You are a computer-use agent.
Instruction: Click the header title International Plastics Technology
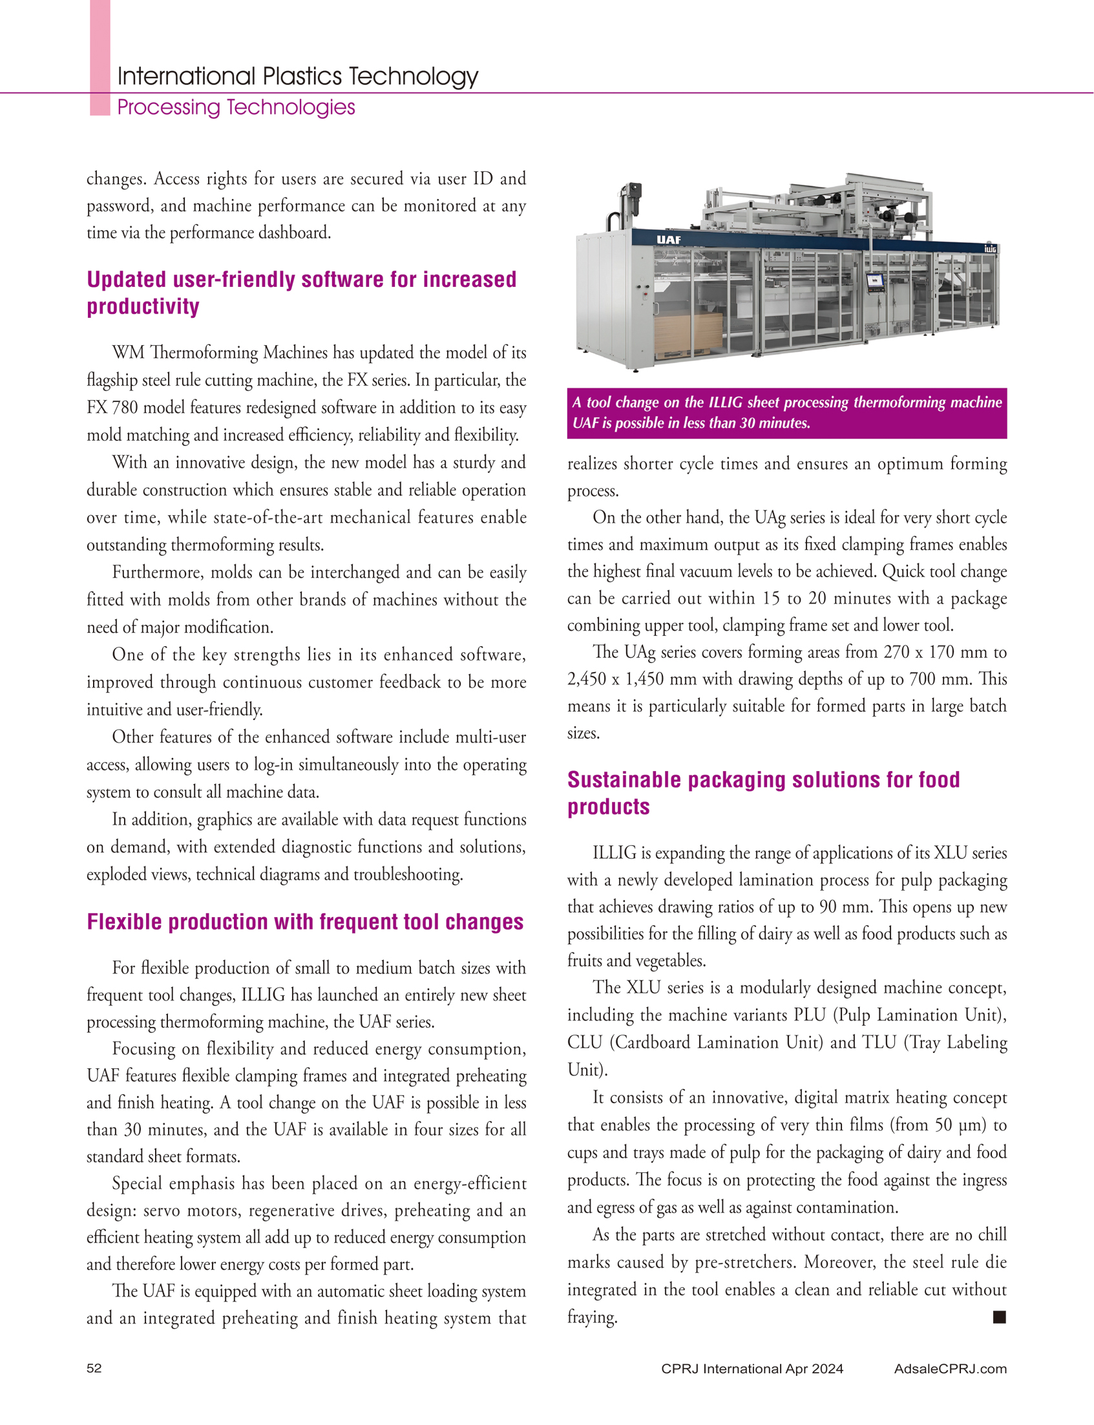298,77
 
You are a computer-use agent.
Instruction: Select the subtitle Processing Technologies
236,107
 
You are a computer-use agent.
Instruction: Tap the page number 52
94,1367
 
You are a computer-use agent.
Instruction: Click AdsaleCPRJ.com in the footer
950,1368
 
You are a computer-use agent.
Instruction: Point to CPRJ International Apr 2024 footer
752,1368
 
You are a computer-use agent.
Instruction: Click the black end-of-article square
999,1317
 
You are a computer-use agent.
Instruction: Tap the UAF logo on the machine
669,240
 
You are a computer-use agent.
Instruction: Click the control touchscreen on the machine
874,281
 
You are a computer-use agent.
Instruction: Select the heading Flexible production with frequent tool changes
306,922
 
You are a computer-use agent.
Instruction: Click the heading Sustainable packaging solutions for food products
763,792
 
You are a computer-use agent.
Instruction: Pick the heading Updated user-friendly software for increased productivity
302,292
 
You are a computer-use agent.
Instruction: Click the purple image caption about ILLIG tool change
786,413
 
